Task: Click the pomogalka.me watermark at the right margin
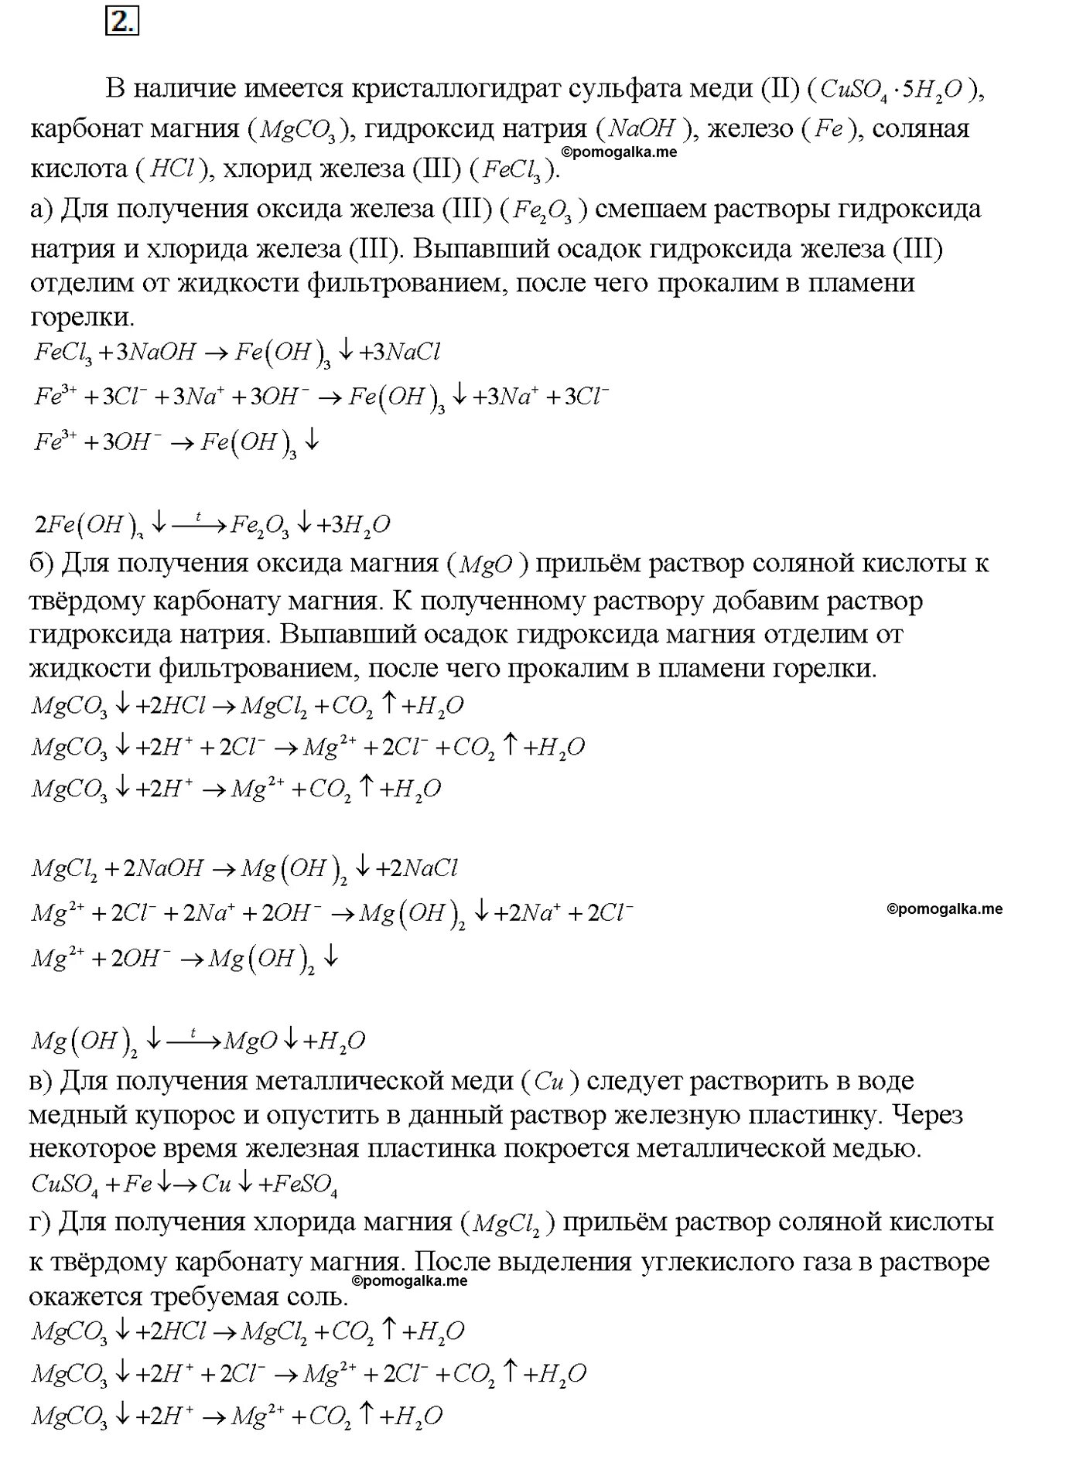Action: click(x=945, y=909)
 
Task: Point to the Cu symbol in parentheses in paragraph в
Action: click(x=548, y=1082)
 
